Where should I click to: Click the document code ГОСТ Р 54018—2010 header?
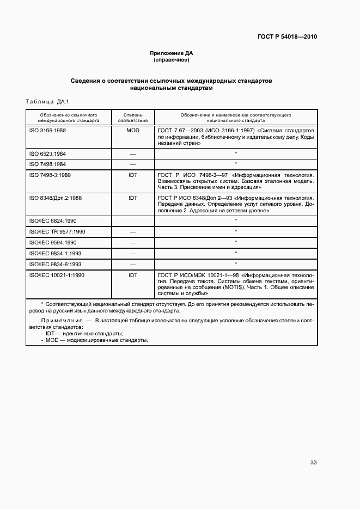point(287,37)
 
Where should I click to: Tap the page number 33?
point(313,462)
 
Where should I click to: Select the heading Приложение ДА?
point(172,53)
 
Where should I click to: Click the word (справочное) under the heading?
point(172,60)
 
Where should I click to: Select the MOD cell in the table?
point(133,131)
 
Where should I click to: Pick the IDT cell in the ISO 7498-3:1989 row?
point(133,175)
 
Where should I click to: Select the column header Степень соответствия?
point(133,118)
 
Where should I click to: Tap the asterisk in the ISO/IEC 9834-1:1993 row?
point(235,253)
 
